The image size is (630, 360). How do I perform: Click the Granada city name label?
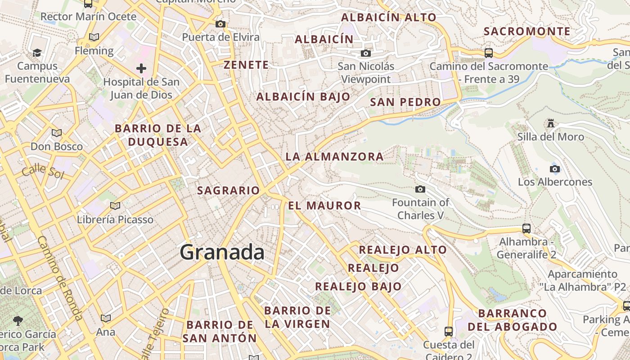click(x=222, y=252)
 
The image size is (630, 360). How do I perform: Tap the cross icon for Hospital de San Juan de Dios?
click(x=141, y=68)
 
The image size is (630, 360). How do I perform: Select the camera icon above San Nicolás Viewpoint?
click(x=366, y=54)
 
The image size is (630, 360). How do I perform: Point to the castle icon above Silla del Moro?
click(x=550, y=123)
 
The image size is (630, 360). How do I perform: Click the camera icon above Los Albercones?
click(x=555, y=169)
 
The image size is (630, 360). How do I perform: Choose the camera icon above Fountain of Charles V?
click(x=420, y=189)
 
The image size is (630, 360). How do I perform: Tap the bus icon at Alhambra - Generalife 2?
click(x=526, y=229)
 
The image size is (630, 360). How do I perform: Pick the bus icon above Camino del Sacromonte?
click(x=489, y=53)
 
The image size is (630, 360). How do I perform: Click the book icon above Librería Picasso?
click(x=115, y=206)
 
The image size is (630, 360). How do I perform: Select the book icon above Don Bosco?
click(x=56, y=133)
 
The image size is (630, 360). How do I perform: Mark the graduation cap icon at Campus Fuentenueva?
click(x=37, y=53)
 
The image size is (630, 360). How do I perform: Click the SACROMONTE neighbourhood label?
click(x=527, y=31)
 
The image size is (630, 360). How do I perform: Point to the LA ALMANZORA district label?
click(x=335, y=157)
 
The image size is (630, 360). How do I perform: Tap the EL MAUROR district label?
click(x=324, y=206)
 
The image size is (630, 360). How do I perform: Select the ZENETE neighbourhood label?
click(x=246, y=65)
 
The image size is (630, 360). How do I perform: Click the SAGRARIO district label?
click(x=229, y=190)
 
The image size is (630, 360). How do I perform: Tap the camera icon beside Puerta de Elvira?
click(x=220, y=24)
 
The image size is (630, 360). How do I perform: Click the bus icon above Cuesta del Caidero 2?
click(x=448, y=332)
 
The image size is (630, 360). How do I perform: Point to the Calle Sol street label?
click(x=43, y=172)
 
